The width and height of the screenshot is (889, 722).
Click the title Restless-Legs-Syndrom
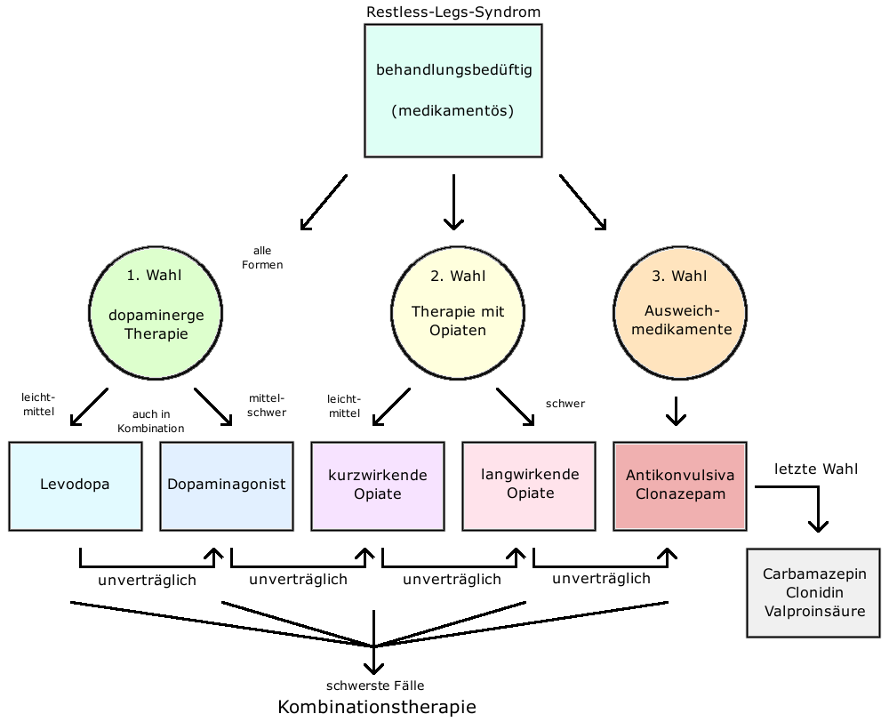[453, 12]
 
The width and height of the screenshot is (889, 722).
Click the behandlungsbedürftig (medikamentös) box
[453, 91]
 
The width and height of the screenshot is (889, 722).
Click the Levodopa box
[76, 486]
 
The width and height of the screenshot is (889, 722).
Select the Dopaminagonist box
[227, 486]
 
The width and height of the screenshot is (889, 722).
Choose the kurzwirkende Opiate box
[378, 486]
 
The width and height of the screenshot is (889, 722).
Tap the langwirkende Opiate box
[529, 486]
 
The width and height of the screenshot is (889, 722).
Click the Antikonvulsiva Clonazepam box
[680, 486]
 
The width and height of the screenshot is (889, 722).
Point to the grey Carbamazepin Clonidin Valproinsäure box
[813, 593]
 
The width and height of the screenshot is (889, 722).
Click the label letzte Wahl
[816, 469]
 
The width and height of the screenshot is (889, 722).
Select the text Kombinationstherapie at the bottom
[377, 707]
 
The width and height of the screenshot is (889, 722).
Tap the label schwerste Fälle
[375, 686]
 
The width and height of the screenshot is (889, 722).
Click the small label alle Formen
[262, 258]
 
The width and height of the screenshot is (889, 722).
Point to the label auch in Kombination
[151, 421]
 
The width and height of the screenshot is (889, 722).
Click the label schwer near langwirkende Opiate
[565, 404]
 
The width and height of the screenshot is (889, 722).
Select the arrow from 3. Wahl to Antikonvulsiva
[676, 411]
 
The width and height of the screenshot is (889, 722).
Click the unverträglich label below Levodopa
[148, 581]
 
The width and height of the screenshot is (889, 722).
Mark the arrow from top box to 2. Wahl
[453, 202]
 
